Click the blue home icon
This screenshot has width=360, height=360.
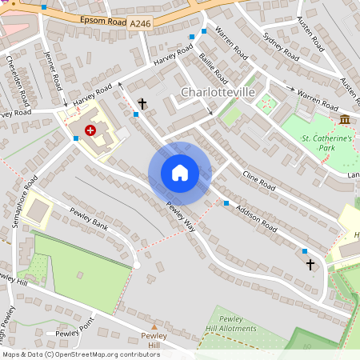coord(179,173)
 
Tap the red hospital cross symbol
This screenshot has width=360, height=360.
coord(90,130)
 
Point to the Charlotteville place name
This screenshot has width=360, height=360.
coord(218,92)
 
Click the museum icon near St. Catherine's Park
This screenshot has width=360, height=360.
coord(344,120)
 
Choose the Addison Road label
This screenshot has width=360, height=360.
coord(258,217)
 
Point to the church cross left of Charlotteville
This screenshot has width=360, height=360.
coord(142,104)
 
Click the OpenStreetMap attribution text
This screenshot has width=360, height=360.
coord(80,354)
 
